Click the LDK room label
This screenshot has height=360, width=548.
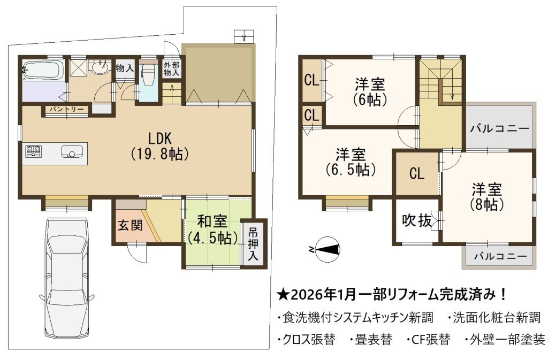click(x=160, y=146)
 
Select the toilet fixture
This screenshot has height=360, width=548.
click(x=148, y=74)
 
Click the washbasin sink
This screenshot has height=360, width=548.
click(x=101, y=68)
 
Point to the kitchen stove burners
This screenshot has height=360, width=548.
click(x=34, y=151)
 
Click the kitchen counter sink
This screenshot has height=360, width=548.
click(x=72, y=151)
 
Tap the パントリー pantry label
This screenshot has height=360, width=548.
click(x=66, y=109)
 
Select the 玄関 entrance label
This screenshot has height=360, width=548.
click(x=130, y=225)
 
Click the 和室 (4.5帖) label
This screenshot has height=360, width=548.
click(x=212, y=230)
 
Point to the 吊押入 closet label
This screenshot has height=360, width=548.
click(x=253, y=244)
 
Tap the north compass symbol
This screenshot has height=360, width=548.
click(x=325, y=249)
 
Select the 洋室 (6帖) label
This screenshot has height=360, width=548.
click(x=370, y=92)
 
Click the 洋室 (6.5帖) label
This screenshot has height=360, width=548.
click(x=351, y=162)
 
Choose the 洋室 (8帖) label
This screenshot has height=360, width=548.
click(x=486, y=197)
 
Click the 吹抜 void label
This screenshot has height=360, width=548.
click(x=416, y=220)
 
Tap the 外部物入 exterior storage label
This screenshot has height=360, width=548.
click(x=172, y=69)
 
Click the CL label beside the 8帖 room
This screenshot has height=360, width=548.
click(x=416, y=173)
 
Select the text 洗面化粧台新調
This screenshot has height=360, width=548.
click(x=497, y=317)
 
